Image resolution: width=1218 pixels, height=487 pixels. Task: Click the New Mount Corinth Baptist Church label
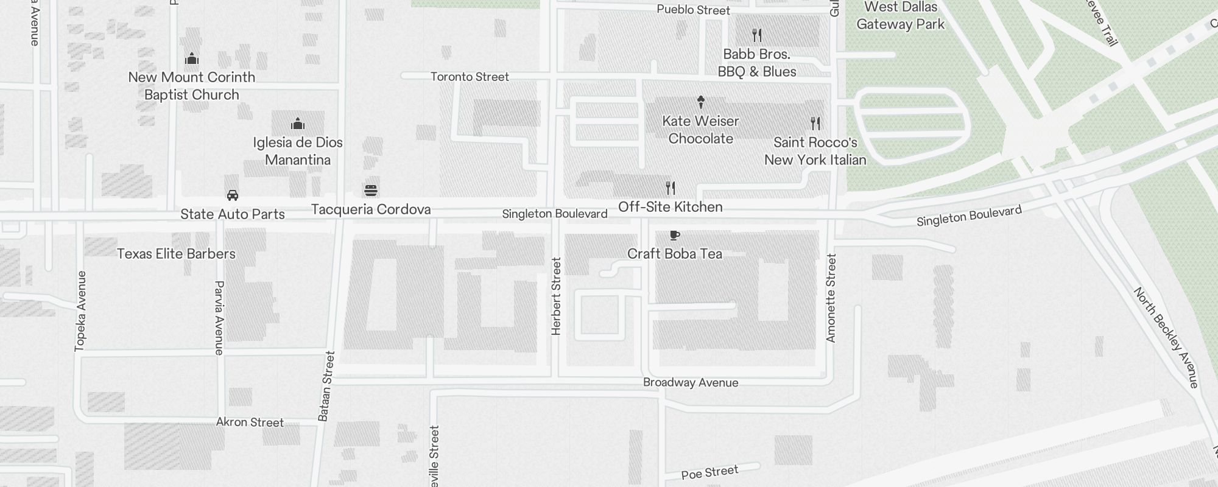pos(192,86)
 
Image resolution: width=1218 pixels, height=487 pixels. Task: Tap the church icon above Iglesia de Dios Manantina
pos(298,124)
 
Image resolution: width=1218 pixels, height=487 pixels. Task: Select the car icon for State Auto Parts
pos(233,195)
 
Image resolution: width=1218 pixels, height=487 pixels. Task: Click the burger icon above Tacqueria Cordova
pos(371,191)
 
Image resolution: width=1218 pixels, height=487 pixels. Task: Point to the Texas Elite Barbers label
pos(176,254)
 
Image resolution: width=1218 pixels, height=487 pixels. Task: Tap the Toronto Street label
pos(470,77)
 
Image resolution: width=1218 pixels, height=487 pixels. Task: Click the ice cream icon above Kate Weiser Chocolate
pos(701,102)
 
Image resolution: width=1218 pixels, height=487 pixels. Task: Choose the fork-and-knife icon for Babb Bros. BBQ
pos(757,35)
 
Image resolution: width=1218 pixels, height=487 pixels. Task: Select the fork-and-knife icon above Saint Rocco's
pos(815,124)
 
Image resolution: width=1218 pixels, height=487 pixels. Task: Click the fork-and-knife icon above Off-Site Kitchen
pos(671,188)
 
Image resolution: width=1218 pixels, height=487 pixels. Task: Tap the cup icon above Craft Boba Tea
pos(674,235)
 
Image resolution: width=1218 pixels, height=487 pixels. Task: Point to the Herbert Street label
pos(556,296)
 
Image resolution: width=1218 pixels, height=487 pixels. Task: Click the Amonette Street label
pos(831,298)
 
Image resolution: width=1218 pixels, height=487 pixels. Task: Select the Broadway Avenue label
pos(691,382)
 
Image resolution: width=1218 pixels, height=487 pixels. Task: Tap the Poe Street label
pos(709,472)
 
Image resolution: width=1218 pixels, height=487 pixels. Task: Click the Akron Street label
pos(250,422)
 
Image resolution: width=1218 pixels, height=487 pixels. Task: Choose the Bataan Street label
pos(326,386)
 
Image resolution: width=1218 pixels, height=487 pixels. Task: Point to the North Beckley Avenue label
pos(1166,338)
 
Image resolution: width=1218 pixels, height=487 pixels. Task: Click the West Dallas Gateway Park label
pos(900,16)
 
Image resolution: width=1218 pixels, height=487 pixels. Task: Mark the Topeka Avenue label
pos(80,311)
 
